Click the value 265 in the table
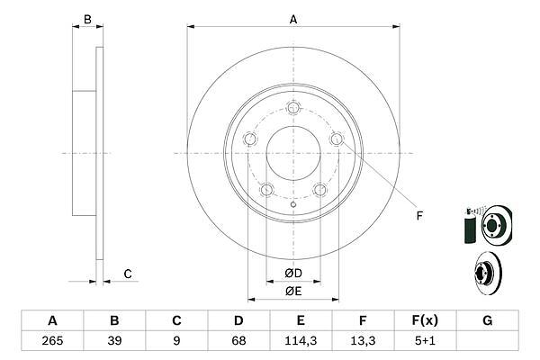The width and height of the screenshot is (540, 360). pos(52,341)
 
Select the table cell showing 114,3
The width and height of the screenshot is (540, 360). pos(301,341)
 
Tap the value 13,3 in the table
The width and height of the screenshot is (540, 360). pos(363,341)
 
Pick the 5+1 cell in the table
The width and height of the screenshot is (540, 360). pos(425,341)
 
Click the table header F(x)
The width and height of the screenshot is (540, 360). pos(425,320)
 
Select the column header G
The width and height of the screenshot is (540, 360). pos(487,320)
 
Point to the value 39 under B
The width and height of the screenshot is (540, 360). pos(114,341)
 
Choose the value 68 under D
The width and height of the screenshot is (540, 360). pos(238,341)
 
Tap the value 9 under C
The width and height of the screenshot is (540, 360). pos(176,341)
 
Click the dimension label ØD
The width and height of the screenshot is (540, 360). pos(293,274)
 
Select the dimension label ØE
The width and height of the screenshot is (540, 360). pos(293,292)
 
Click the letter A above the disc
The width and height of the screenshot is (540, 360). pos(293,20)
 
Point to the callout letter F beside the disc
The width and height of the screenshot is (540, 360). pos(419,216)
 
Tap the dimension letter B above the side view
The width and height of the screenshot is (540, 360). pos(87,20)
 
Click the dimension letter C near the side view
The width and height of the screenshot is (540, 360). pos(128,274)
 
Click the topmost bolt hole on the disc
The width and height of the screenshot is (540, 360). pos(293,108)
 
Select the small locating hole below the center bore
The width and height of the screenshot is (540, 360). pos(293,204)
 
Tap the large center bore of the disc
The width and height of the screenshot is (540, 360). pos(293,153)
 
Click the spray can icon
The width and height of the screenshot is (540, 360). pos(470,226)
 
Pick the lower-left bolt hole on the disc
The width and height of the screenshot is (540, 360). pos(267,190)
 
